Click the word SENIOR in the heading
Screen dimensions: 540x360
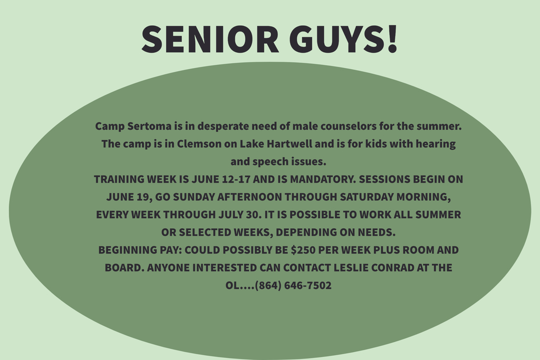[210, 38]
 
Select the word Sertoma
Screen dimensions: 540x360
[149, 126]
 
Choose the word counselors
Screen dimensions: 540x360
[349, 126]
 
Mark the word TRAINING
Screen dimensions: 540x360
[119, 179]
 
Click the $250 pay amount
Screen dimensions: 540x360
[303, 249]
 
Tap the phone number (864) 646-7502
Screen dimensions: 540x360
[293, 285]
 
